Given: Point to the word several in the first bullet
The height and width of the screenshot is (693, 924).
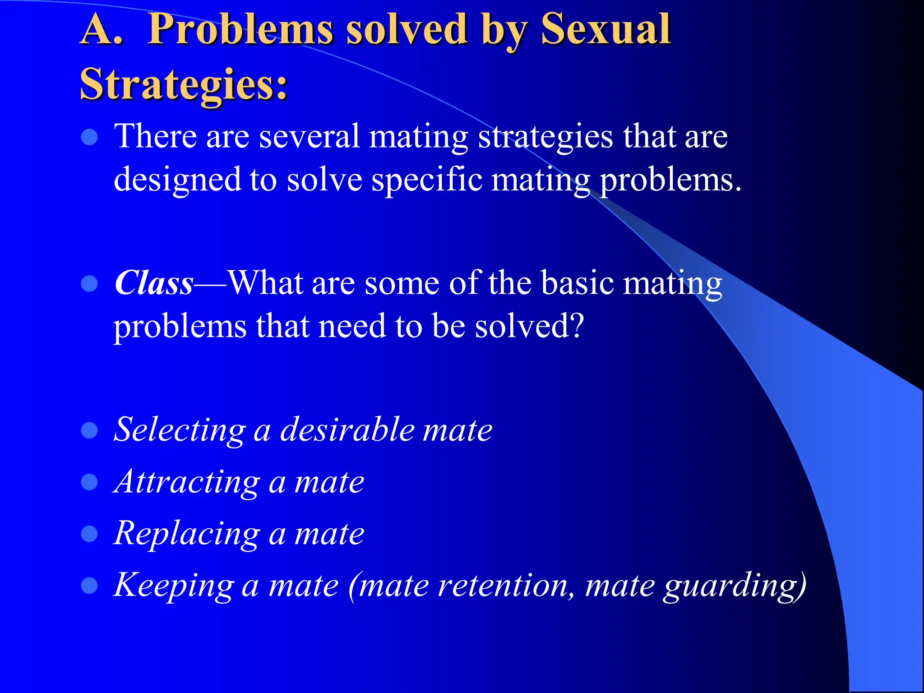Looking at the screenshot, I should click(x=309, y=136).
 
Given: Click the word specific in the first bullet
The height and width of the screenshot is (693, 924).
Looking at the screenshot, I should click(x=426, y=180).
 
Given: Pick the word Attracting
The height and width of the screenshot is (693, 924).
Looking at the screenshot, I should click(x=186, y=482).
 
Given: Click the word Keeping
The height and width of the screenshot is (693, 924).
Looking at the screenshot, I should click(x=174, y=586).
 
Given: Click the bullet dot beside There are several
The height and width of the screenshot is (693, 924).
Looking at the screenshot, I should click(x=89, y=137).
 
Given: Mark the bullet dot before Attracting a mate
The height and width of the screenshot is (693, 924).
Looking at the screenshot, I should click(x=89, y=482).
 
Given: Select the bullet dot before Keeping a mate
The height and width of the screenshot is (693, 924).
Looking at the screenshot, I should click(x=89, y=586).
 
